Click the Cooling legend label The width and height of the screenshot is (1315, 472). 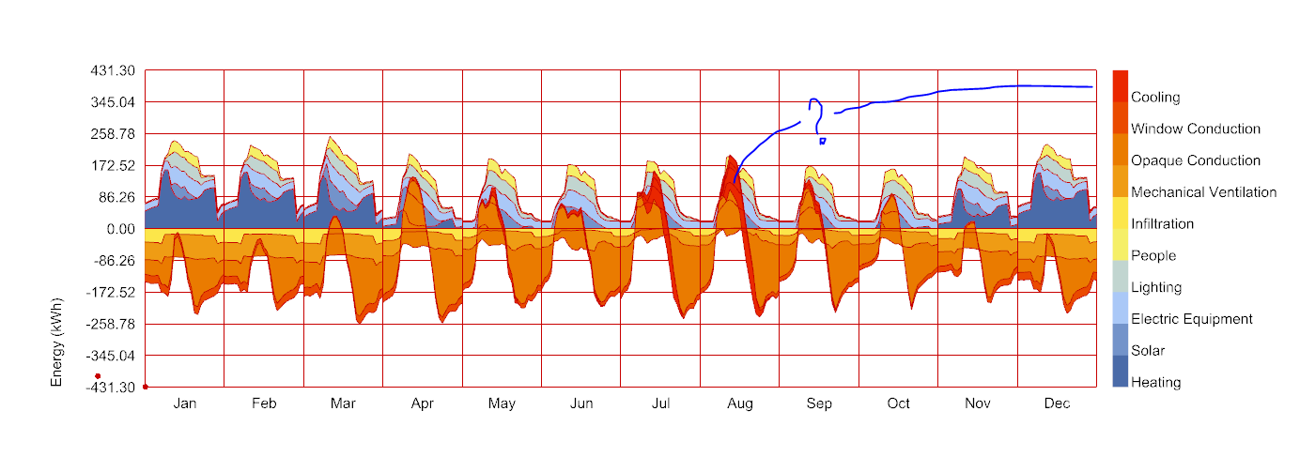[x=1155, y=98]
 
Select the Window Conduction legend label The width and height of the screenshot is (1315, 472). [x=1195, y=129]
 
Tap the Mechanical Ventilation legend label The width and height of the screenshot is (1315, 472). [x=1203, y=192]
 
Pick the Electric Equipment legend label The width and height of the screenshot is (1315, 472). [x=1191, y=319]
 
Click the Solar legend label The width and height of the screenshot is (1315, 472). [x=1148, y=351]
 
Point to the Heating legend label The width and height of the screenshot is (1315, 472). [x=1155, y=383]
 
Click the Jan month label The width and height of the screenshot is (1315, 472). [x=185, y=404]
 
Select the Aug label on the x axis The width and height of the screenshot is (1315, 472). [x=740, y=404]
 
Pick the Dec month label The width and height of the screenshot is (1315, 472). [x=1058, y=404]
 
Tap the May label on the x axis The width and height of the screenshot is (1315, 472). [x=502, y=404]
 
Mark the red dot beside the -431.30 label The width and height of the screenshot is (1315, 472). [x=98, y=376]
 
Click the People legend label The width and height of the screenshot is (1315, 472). [x=1153, y=256]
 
